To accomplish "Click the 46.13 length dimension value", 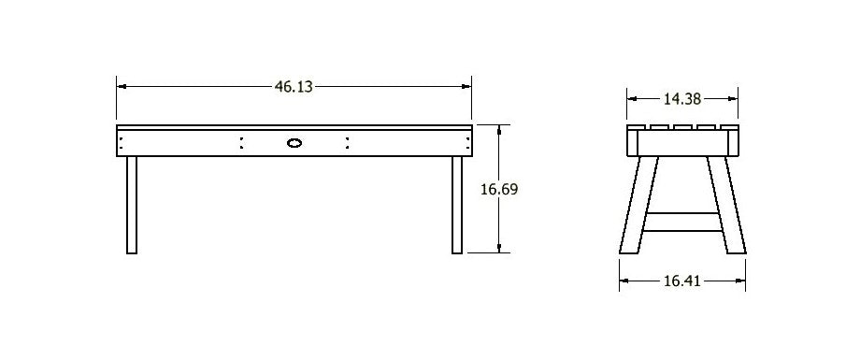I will [294, 86].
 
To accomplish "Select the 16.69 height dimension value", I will [499, 189].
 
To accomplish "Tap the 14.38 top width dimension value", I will [682, 97].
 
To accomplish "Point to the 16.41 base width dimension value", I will [682, 280].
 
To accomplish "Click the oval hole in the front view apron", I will [294, 143].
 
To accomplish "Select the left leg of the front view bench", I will [132, 205].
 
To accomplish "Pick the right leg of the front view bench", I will [457, 205].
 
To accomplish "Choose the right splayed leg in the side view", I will [725, 206].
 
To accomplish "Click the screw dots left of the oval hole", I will [241, 143].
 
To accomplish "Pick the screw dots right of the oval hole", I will [348, 143].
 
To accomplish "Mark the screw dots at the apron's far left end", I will [122, 143].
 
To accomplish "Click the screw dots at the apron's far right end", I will [467, 143].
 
